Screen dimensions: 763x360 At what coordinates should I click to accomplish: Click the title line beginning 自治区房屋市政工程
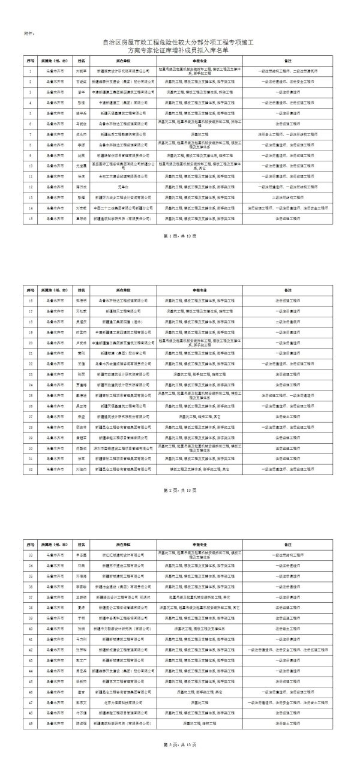[x=179, y=43]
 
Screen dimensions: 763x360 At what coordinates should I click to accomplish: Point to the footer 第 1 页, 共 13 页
[x=179, y=253]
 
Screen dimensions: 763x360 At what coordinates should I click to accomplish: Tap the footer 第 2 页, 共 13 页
[x=179, y=490]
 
